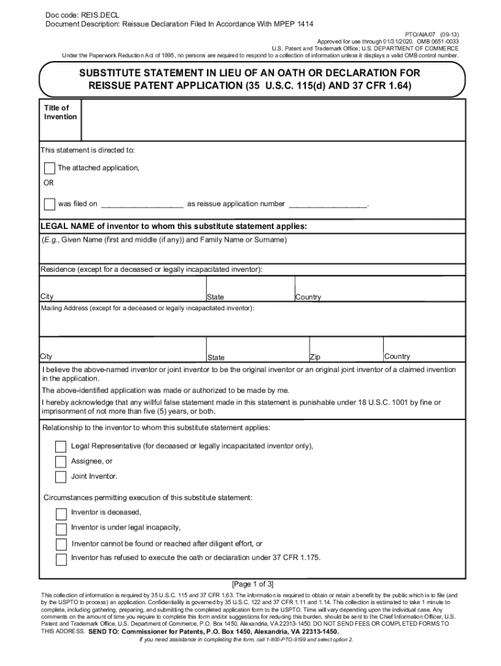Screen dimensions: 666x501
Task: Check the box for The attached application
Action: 49,168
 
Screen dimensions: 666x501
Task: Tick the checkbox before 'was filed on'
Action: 49,204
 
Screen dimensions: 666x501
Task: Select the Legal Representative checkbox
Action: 61,447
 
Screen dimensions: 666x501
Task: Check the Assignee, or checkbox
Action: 61,462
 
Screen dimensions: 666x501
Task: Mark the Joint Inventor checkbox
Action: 61,477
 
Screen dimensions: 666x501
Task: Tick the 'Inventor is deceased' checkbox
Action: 61,513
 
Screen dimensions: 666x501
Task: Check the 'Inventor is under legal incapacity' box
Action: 61,528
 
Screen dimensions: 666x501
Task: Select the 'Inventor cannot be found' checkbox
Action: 61,544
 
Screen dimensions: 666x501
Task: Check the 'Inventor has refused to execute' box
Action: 61,559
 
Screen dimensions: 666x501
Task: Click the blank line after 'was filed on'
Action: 142,205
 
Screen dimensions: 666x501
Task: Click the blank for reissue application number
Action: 328,205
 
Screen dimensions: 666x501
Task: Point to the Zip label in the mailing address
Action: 315,358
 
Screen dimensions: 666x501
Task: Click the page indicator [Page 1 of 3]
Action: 252,584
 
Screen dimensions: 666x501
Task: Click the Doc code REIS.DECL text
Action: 73,14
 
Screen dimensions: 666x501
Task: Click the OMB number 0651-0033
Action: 447,40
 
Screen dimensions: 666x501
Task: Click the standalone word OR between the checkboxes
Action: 49,183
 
